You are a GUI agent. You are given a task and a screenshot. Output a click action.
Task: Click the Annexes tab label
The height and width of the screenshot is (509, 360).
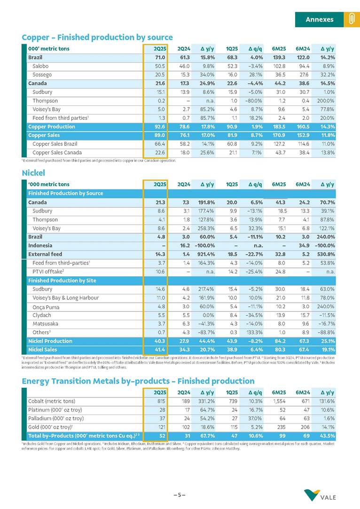pyautogui.click(x=319, y=19)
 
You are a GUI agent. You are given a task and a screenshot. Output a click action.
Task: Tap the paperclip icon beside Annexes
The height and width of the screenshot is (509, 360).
pyautogui.click(x=351, y=19)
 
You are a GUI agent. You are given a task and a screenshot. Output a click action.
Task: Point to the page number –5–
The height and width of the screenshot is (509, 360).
pyautogui.click(x=180, y=494)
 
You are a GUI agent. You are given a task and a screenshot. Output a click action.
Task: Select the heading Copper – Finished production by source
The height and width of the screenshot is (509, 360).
pyautogui.click(x=97, y=37)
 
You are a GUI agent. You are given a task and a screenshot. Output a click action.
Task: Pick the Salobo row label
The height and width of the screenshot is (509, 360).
pyautogui.click(x=40, y=66)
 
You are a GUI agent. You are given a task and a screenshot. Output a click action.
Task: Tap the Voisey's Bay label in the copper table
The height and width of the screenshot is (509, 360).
pyautogui.click(x=47, y=110)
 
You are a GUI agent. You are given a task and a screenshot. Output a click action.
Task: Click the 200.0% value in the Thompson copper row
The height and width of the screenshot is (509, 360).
pyautogui.click(x=324, y=101)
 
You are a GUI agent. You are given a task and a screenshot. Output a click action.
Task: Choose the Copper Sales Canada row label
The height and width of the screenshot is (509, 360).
pyautogui.click(x=55, y=152)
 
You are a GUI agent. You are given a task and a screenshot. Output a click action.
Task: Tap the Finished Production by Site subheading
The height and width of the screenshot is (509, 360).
pyautogui.click(x=62, y=281)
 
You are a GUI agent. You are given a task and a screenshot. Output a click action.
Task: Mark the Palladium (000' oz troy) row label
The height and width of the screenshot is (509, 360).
pyautogui.click(x=56, y=418)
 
